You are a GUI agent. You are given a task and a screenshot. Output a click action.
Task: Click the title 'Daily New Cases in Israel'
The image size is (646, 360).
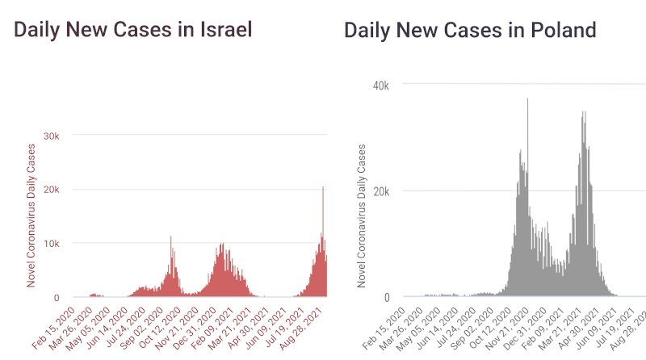pyautogui.click(x=133, y=31)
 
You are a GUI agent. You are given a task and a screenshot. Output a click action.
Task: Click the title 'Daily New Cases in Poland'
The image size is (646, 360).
pyautogui.click(x=470, y=31)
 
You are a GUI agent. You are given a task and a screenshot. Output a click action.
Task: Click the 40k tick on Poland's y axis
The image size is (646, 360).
pyautogui.click(x=380, y=86)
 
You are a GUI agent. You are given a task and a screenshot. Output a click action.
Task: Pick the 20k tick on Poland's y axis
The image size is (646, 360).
pyautogui.click(x=380, y=191)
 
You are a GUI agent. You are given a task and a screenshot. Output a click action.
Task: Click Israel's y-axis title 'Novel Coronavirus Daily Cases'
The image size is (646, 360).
pyautogui.click(x=31, y=216)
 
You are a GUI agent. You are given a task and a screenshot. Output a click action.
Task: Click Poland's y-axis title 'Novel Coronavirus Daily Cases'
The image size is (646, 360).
pyautogui.click(x=363, y=216)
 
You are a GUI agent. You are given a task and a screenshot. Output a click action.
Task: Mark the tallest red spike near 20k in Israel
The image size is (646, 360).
pyautogui.click(x=323, y=189)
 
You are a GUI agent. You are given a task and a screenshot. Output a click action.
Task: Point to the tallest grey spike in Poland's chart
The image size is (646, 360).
pyautogui.click(x=527, y=100)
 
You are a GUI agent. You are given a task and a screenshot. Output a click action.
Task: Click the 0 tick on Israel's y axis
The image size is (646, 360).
pyautogui.click(x=57, y=297)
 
